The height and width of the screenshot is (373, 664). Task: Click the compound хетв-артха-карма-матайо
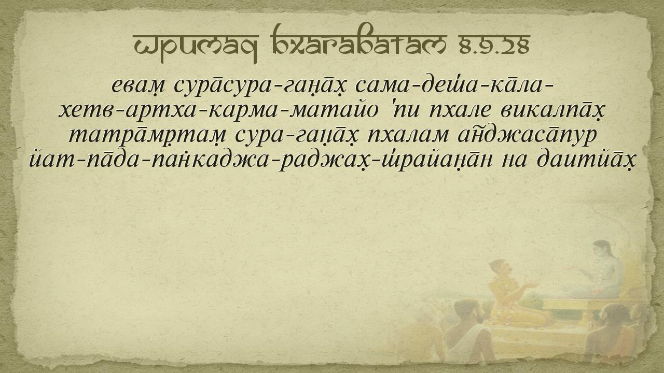coord(218,111)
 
